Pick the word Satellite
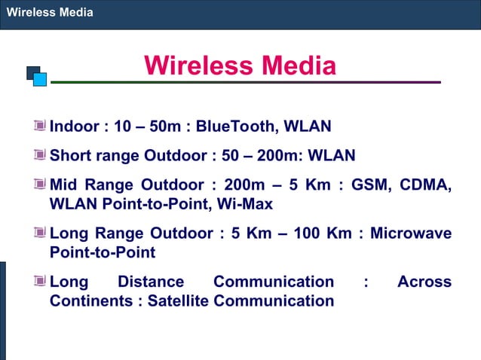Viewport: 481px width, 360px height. coord(179,301)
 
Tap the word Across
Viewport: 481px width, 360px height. coord(424,282)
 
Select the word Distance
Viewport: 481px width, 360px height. coord(151,282)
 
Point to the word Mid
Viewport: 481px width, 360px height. coord(66,185)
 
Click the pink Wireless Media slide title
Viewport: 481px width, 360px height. coord(240,66)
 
